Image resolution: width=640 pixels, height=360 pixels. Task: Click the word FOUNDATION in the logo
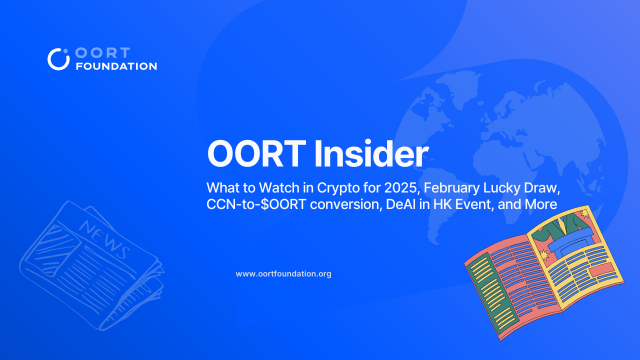[116, 66]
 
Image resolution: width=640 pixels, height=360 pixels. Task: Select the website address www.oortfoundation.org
[283, 273]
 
